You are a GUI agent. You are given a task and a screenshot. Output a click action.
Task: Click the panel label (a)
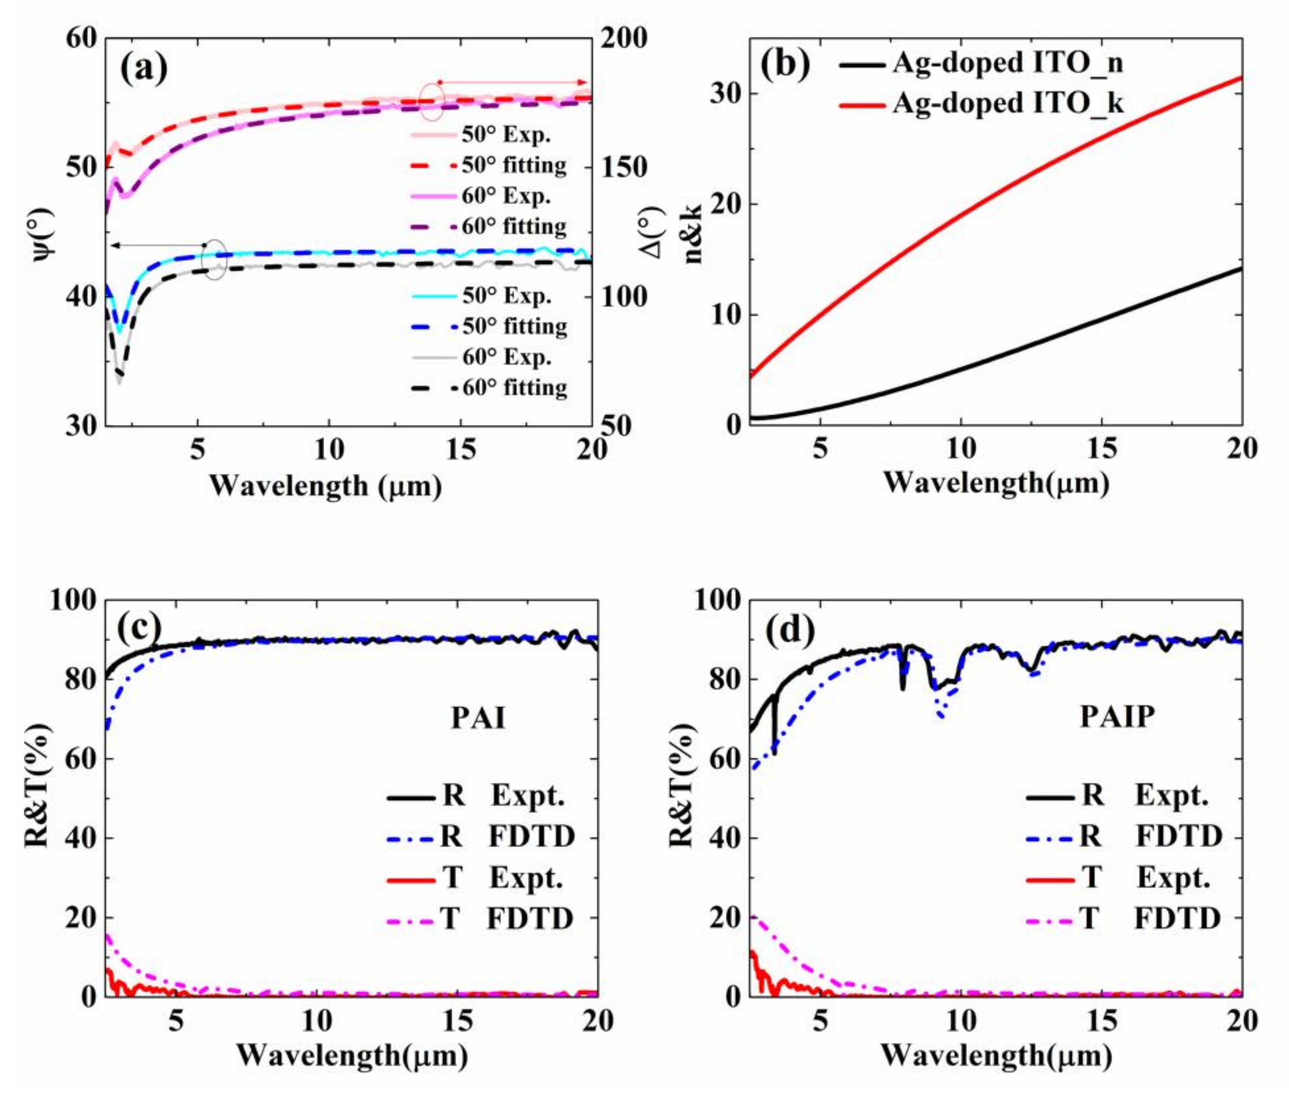pos(143,68)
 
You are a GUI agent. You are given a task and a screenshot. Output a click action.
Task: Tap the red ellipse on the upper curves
pos(432,101)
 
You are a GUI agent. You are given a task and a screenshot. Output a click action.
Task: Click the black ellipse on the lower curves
pos(214,259)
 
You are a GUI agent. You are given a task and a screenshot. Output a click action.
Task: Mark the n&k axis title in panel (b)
pos(692,232)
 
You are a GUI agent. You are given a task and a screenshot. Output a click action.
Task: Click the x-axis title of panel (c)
pos(352,1055)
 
